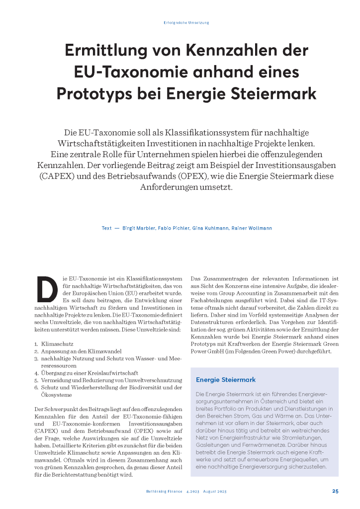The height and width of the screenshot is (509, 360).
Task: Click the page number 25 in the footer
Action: tap(335, 491)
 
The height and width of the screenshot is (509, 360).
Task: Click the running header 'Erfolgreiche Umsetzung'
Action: tap(186, 22)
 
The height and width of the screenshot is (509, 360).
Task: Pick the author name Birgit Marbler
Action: tap(140, 228)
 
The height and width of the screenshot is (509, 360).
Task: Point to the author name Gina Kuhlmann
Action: tap(209, 228)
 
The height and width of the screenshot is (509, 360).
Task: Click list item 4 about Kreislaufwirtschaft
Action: tap(82, 372)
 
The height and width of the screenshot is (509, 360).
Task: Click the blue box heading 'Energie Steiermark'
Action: tap(226, 380)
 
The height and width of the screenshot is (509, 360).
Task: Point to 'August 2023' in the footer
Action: tap(215, 492)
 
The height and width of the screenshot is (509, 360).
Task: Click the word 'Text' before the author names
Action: tap(106, 228)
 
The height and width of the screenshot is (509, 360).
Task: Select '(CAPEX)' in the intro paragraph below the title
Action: tap(55, 176)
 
